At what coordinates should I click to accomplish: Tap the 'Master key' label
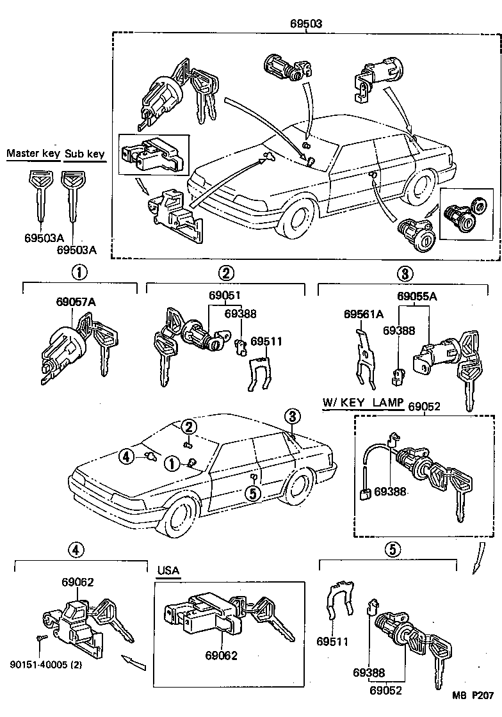click(33, 154)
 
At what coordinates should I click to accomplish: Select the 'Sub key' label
click(85, 154)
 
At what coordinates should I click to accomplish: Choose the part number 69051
click(224, 296)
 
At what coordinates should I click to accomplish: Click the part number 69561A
click(363, 314)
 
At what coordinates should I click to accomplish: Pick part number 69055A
click(417, 296)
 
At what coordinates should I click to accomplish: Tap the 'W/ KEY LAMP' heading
click(362, 403)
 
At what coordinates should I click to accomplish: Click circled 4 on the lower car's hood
click(126, 456)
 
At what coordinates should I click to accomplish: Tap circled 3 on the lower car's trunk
click(292, 417)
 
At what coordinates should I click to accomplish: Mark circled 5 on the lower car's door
click(252, 493)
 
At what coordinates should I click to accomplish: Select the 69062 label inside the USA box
click(222, 656)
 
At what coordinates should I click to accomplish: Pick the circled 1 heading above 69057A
click(79, 273)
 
